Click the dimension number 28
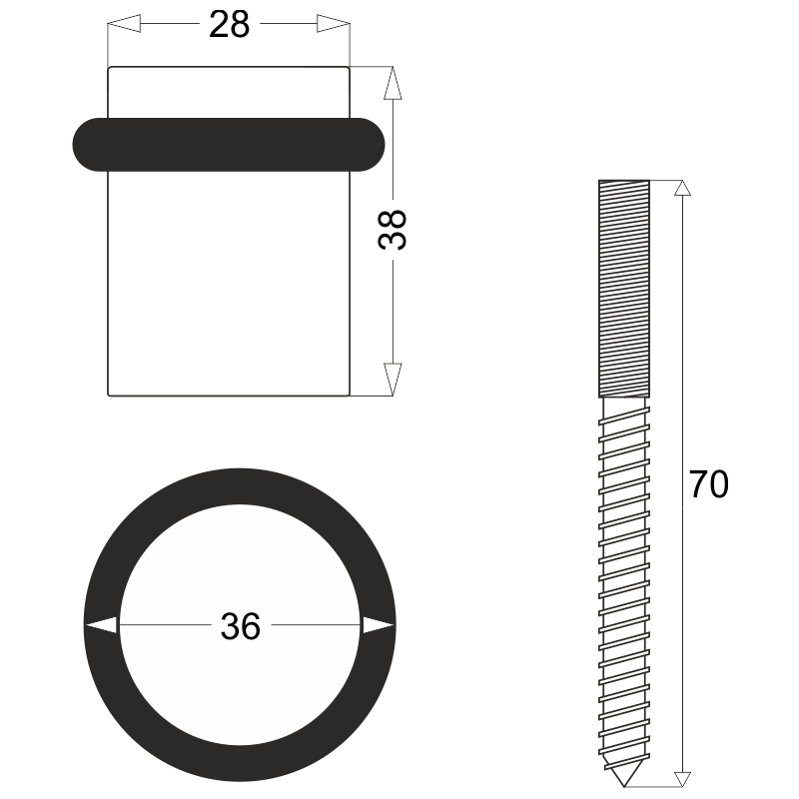(x=230, y=24)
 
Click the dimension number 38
(x=393, y=230)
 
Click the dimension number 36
(x=241, y=626)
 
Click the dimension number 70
(x=709, y=484)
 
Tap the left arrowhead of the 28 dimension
(x=124, y=23)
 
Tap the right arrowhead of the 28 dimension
(x=334, y=23)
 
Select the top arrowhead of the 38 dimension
(x=393, y=83)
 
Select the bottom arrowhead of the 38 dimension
(x=393, y=380)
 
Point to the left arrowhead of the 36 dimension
(x=101, y=625)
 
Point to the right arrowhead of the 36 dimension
(x=379, y=625)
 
